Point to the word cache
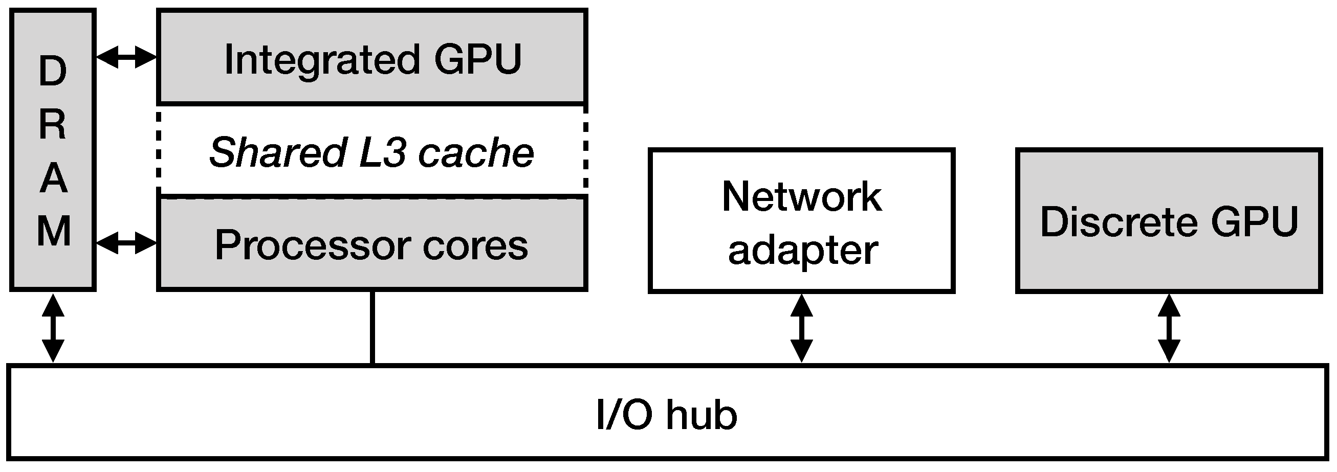(x=475, y=152)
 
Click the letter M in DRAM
(x=53, y=231)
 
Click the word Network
(x=801, y=197)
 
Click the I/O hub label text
(x=666, y=415)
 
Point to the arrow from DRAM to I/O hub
(x=53, y=328)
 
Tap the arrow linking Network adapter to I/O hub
(x=801, y=328)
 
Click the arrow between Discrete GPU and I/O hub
(x=1169, y=328)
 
